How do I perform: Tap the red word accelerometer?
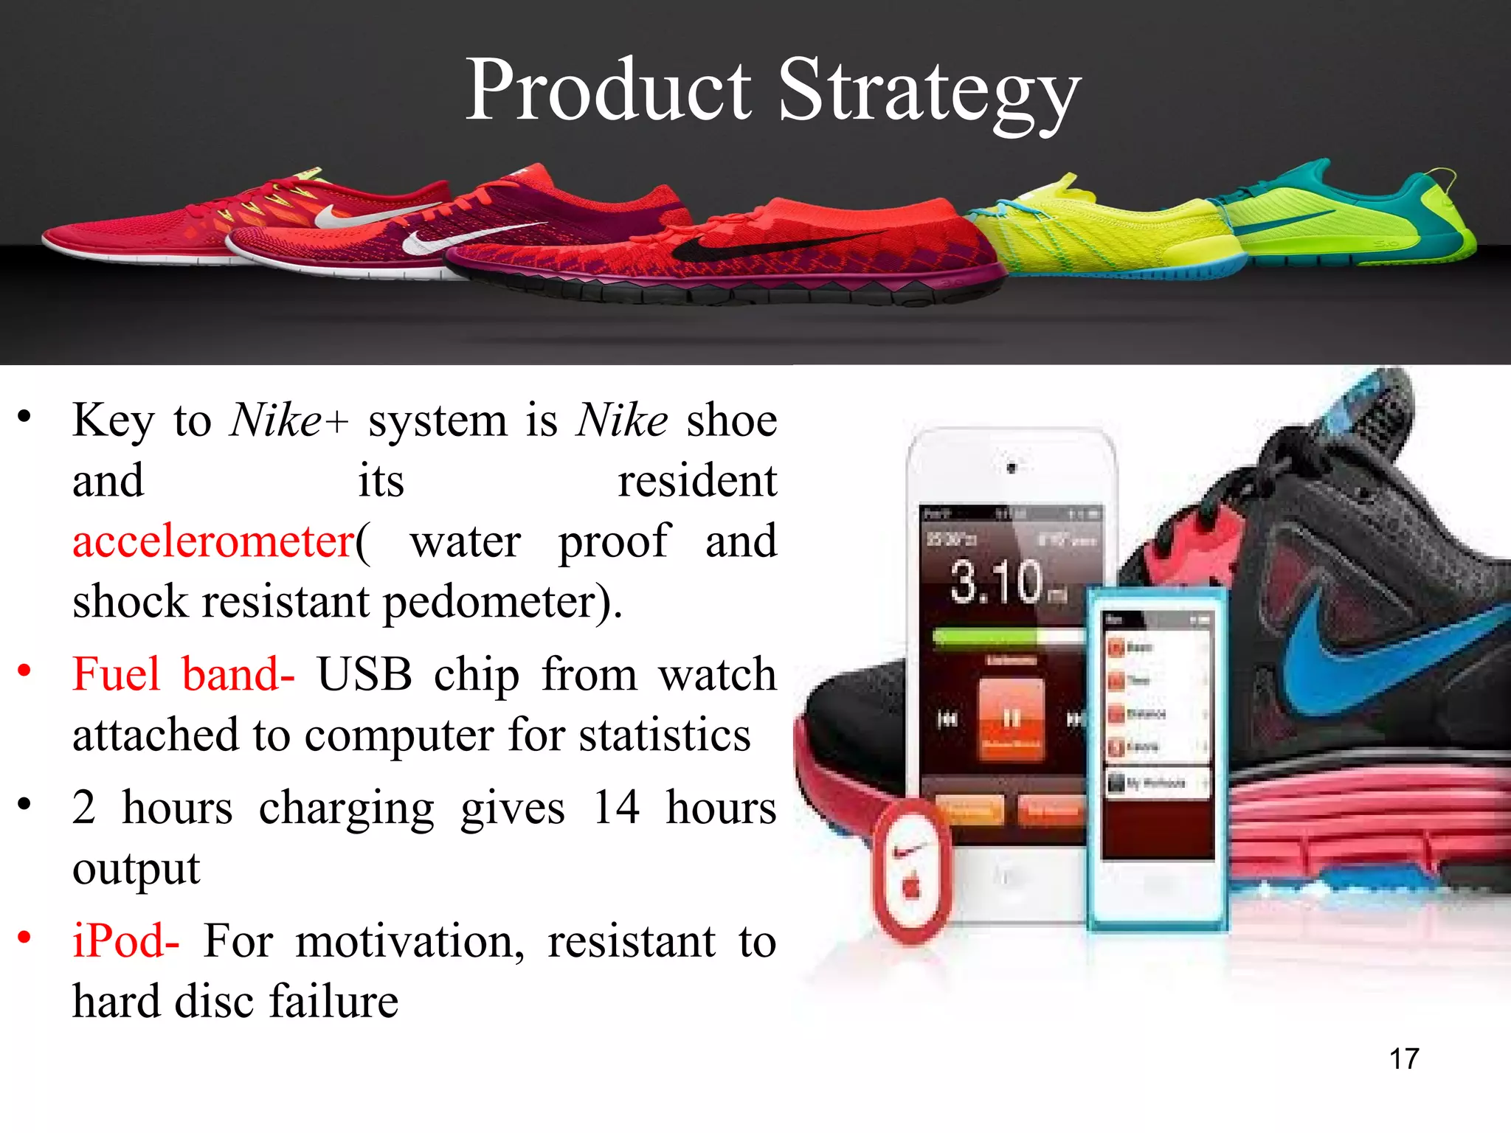tap(213, 541)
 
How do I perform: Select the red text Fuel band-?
tap(183, 674)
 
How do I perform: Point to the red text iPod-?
tap(125, 942)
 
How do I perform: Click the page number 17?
tap(1403, 1059)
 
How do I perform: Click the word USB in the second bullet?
tap(364, 674)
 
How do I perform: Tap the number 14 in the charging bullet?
tap(615, 808)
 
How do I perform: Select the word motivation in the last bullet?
tap(409, 942)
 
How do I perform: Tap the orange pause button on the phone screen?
tap(1011, 718)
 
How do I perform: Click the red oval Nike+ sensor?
tap(911, 870)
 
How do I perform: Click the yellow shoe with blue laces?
tap(1107, 229)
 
